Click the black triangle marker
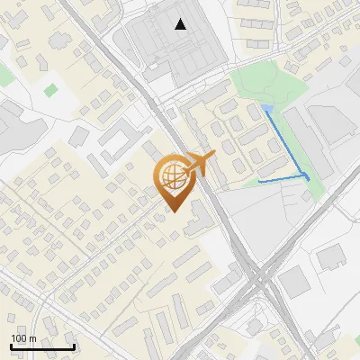click(x=182, y=24)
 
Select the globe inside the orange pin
click(x=172, y=176)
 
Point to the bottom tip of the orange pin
click(x=173, y=211)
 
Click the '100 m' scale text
click(x=23, y=338)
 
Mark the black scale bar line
click(x=42, y=347)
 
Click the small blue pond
click(x=267, y=109)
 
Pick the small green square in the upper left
click(x=49, y=89)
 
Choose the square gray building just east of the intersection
click(x=294, y=283)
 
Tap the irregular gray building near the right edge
click(x=331, y=257)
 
